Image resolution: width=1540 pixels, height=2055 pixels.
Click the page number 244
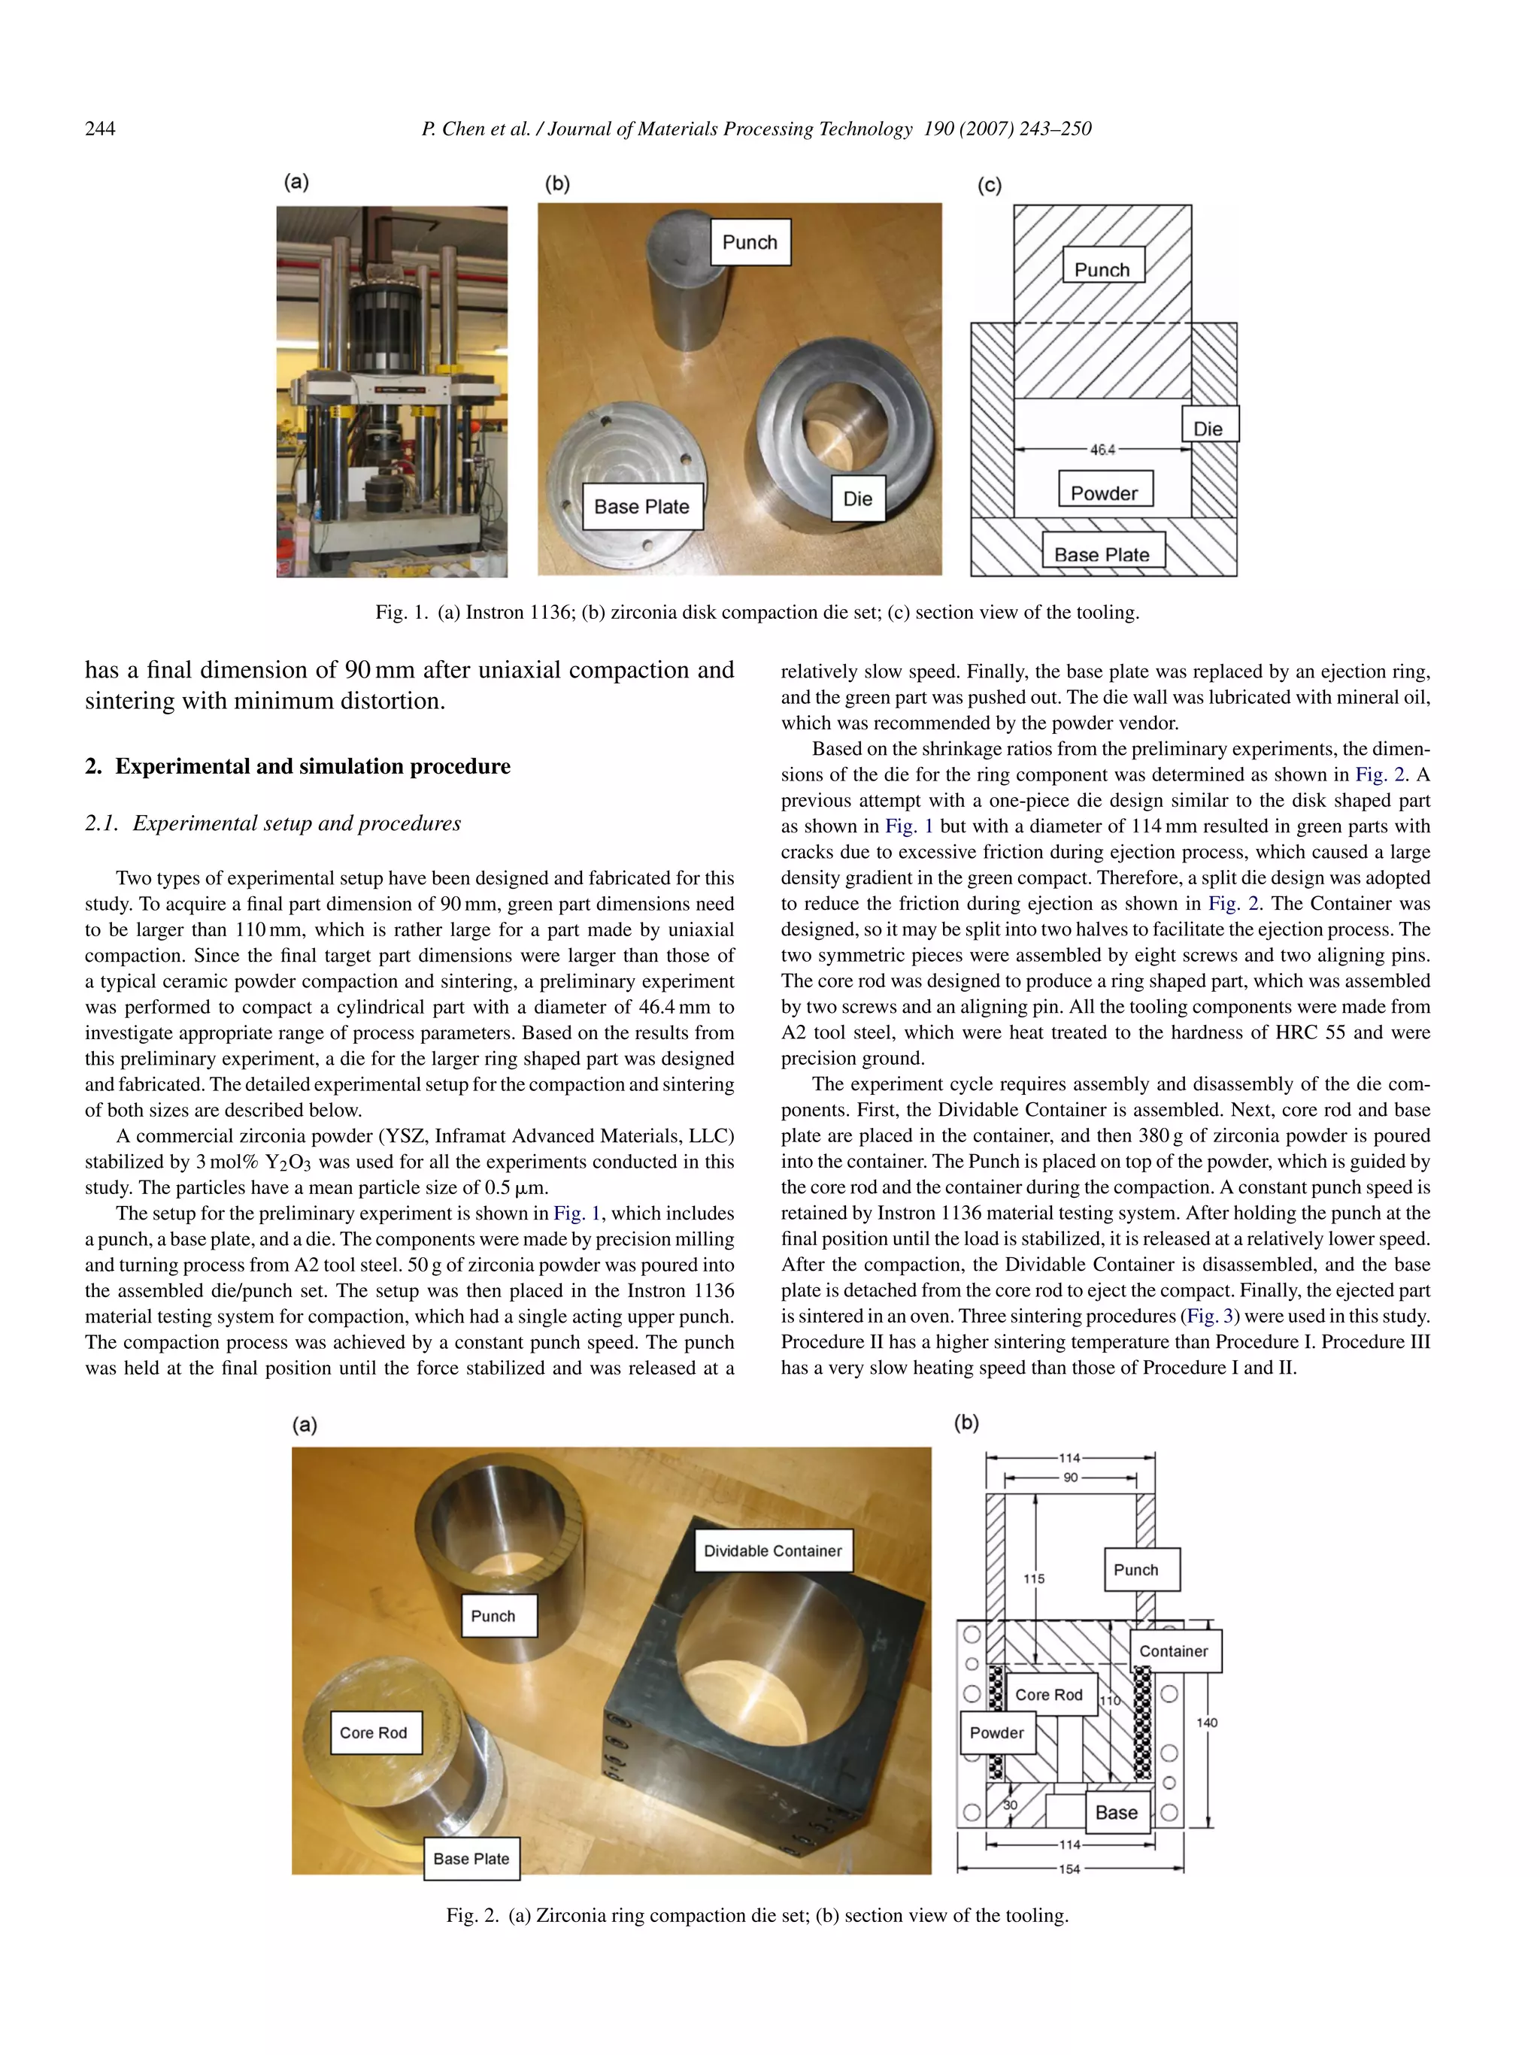click(100, 129)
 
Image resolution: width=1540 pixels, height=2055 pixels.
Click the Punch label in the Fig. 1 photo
click(750, 242)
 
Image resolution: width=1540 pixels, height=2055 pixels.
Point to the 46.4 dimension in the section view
click(1102, 450)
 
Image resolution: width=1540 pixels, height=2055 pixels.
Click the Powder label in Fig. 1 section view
click(1105, 493)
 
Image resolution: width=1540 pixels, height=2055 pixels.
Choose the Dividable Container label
click(773, 1550)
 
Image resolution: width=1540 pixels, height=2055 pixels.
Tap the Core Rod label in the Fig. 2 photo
click(374, 1732)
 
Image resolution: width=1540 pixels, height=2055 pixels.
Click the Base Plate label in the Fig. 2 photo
click(471, 1858)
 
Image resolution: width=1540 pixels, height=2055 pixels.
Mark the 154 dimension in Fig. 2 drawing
click(1070, 1869)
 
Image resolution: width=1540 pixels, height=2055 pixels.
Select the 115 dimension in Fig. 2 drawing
click(1034, 1578)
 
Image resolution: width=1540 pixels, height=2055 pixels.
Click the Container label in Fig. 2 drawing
click(1174, 1651)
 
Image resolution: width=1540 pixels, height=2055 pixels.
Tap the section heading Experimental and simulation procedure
click(312, 766)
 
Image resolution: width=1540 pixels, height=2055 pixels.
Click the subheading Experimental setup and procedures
click(296, 823)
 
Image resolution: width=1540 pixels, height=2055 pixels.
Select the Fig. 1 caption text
click(757, 612)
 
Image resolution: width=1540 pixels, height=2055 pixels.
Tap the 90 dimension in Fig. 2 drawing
click(1071, 1477)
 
